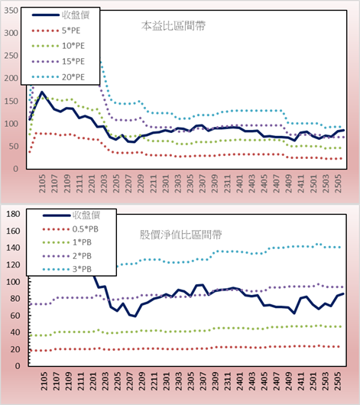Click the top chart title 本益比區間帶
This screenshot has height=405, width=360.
(174, 26)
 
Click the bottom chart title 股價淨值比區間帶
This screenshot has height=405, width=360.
(180, 235)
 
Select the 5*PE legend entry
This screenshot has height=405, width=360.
(56, 31)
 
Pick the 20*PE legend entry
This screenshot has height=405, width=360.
(58, 77)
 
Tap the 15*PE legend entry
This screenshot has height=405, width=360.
(58, 61)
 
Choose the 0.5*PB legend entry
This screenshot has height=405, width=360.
(70, 229)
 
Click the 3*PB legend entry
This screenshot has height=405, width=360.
(67, 269)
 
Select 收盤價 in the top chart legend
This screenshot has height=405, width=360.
(60, 15)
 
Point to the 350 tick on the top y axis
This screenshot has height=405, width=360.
(11, 11)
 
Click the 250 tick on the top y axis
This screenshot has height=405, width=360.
(11, 56)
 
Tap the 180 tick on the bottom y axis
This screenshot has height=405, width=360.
(13, 214)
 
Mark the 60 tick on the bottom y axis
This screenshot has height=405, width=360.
(15, 316)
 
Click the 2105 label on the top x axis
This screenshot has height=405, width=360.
(42, 183)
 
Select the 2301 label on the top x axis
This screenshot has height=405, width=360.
(165, 183)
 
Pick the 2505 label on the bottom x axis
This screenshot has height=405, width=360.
(338, 381)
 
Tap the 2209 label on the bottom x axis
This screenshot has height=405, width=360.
(141, 381)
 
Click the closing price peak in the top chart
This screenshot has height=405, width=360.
(42, 92)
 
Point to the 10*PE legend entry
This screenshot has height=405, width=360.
(58, 46)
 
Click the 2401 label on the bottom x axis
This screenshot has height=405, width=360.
(239, 381)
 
